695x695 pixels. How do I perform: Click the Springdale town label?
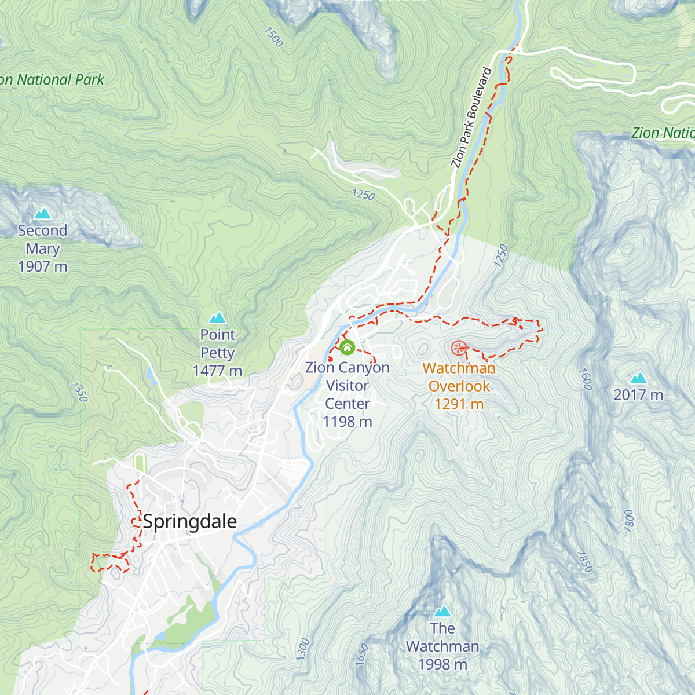coord(190,521)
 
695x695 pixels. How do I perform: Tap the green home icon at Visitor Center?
coord(347,348)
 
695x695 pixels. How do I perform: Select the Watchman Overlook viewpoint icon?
coord(459,348)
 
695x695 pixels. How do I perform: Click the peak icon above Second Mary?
coord(42,214)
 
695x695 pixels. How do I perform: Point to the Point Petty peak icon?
coord(217,317)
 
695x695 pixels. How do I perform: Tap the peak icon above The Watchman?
coord(442,611)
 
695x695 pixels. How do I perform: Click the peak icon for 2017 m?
coord(638,378)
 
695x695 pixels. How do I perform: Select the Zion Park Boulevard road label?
coord(471,118)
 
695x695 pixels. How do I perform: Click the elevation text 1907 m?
coord(43,266)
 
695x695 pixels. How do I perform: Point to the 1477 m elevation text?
coord(217,371)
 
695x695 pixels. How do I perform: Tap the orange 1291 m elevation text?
coord(459,404)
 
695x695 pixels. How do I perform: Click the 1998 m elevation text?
coord(442,664)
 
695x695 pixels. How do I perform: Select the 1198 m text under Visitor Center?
coord(348,422)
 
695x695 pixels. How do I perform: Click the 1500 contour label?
coord(273,37)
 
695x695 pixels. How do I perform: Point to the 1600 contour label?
coord(586,379)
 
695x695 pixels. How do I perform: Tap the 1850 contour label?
coord(585,561)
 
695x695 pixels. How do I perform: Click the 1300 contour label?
coord(303,649)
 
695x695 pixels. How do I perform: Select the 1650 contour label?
coord(362,654)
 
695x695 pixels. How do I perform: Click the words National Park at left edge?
coord(60,80)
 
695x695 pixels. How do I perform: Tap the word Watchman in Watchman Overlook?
coord(459,368)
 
